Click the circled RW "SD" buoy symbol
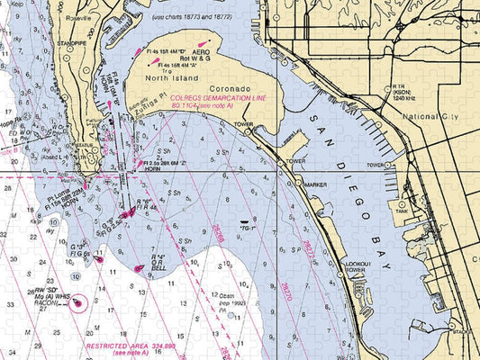[77, 301]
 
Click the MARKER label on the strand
[315, 184]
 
